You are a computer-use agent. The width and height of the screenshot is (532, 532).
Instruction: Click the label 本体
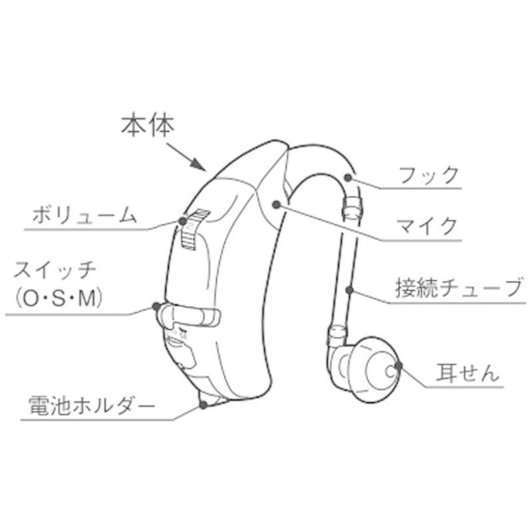tap(146, 126)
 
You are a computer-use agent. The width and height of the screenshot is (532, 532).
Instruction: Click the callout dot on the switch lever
tap(156, 307)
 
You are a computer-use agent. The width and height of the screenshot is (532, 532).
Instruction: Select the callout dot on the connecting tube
tap(350, 289)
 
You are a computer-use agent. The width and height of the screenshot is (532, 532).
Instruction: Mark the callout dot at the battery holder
tap(203, 404)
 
